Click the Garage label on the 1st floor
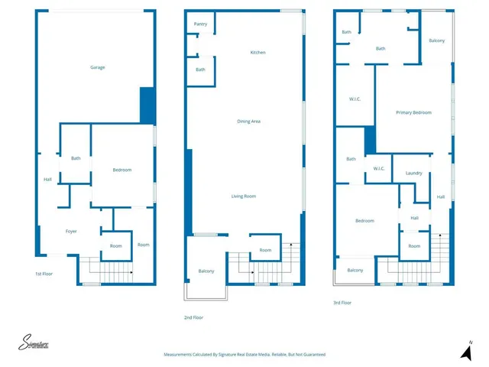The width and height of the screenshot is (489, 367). pyautogui.click(x=97, y=67)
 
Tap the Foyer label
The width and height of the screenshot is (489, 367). pyautogui.click(x=71, y=231)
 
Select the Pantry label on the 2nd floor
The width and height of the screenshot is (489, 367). pyautogui.click(x=200, y=24)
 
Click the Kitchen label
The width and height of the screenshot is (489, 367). pyautogui.click(x=258, y=52)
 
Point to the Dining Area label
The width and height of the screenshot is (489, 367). pyautogui.click(x=249, y=121)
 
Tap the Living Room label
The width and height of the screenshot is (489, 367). pyautogui.click(x=244, y=196)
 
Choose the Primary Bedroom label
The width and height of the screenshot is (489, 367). pyautogui.click(x=413, y=112)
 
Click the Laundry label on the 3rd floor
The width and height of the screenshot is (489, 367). pyautogui.click(x=413, y=173)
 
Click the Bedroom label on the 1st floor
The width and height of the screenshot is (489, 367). pyautogui.click(x=122, y=170)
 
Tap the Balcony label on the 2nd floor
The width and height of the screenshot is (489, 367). pyautogui.click(x=206, y=271)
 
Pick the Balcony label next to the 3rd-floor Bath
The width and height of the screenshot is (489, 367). pyautogui.click(x=436, y=41)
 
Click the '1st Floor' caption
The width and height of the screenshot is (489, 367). pyautogui.click(x=44, y=274)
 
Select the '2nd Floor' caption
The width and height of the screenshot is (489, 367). pyautogui.click(x=193, y=317)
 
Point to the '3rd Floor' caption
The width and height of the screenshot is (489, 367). pyautogui.click(x=342, y=303)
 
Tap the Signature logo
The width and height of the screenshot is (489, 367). pyautogui.click(x=34, y=343)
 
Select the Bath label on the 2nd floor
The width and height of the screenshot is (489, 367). pyautogui.click(x=200, y=70)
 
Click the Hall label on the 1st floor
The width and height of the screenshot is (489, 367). pyautogui.click(x=47, y=180)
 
